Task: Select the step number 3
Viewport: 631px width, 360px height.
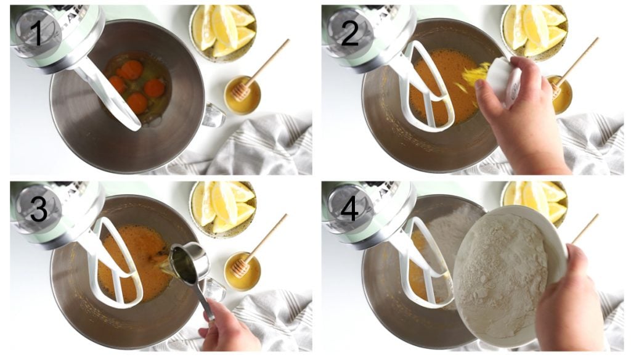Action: coord(38,210)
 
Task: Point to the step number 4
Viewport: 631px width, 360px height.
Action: coord(349,210)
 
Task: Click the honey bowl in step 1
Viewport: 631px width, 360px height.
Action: coord(242,96)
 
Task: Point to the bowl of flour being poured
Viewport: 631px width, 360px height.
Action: coord(505,271)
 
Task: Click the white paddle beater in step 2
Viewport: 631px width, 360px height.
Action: coord(431,92)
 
